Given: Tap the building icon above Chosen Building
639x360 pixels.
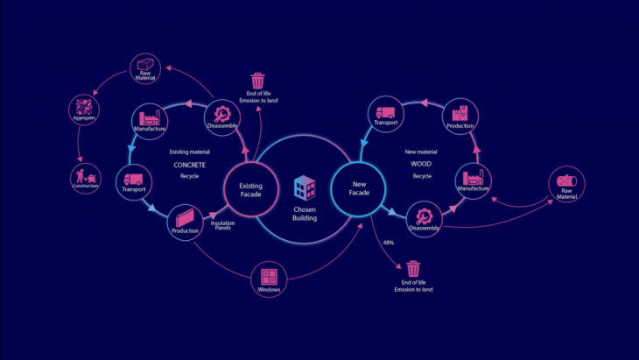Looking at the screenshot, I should click(x=304, y=187).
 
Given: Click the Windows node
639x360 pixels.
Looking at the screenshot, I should click(x=268, y=279).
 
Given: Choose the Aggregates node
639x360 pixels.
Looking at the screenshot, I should click(x=85, y=110).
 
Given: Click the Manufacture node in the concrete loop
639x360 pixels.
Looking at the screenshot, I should click(x=150, y=122).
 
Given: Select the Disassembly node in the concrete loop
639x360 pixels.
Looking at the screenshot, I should click(x=222, y=117).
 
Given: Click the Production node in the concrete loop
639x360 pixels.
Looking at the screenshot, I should click(x=186, y=221).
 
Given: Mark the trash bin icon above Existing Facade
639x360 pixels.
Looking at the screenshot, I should click(x=257, y=81).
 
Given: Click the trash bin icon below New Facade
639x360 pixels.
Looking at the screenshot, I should click(x=413, y=268).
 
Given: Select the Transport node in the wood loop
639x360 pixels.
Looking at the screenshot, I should click(x=385, y=116).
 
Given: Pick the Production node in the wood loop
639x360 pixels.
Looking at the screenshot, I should click(x=460, y=116).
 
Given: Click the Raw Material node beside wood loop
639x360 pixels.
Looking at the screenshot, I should click(x=566, y=185).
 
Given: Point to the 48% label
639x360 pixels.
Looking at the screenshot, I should click(x=389, y=242).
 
